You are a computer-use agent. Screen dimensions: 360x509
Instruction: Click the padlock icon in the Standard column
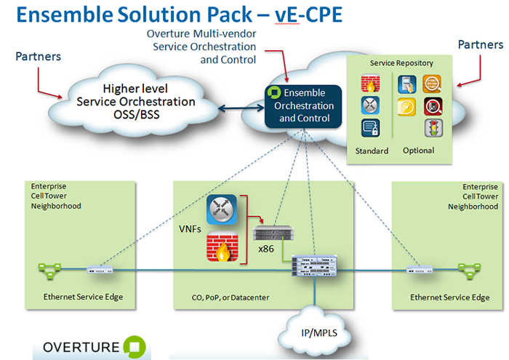(x=369, y=129)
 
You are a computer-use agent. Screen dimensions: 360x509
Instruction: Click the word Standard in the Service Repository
(x=372, y=151)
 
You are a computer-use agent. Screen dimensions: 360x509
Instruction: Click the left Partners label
(x=38, y=56)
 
